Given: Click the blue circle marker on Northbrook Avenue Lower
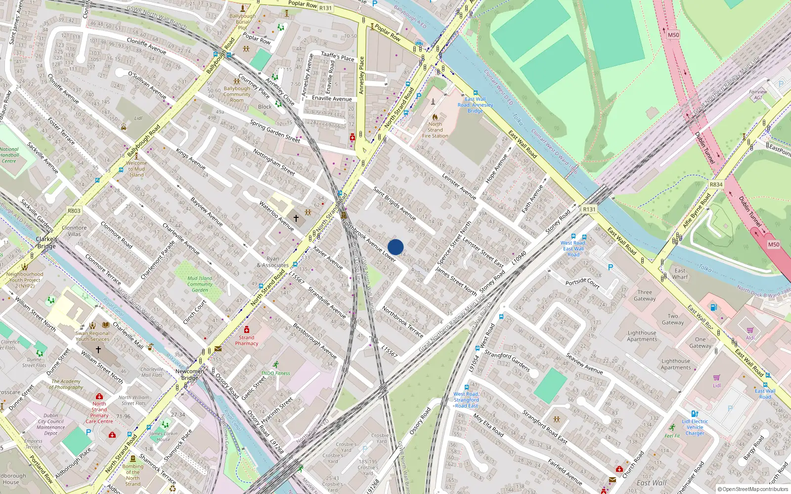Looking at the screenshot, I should click(x=395, y=247).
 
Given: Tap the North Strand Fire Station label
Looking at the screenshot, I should click(x=435, y=130).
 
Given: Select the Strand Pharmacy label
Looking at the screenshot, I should click(x=246, y=340).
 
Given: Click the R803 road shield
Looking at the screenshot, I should click(x=74, y=210).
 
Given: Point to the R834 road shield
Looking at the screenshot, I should click(x=716, y=184).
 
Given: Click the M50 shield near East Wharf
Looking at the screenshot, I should click(x=774, y=244).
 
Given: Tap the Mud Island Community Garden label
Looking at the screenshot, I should click(x=200, y=284).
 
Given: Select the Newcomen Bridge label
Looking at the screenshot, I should click(x=189, y=374).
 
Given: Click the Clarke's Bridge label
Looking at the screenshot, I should click(x=46, y=243).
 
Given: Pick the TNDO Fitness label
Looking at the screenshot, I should click(x=275, y=373).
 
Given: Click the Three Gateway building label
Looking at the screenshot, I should click(x=645, y=295).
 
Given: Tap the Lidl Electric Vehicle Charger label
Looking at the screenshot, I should click(x=695, y=427).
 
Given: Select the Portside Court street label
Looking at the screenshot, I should click(x=582, y=283).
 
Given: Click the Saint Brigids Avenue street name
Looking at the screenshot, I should click(x=394, y=203).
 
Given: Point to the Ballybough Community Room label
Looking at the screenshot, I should click(x=237, y=94).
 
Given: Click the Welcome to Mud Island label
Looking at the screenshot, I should click(x=136, y=168).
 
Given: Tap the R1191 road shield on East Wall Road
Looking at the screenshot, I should click(x=589, y=209).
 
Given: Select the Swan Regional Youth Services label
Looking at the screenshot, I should click(x=92, y=336).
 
